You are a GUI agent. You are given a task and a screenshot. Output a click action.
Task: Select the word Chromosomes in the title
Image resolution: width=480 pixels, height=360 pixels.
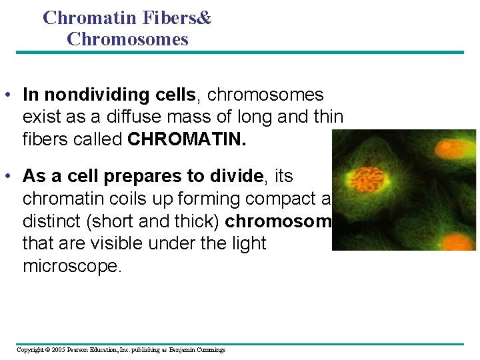pyautogui.click(x=127, y=39)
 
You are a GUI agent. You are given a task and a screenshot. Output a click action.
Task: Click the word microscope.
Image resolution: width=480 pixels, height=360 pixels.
pyautogui.click(x=72, y=266)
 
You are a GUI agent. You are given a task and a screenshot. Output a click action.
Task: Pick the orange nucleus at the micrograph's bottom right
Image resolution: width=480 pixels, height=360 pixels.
pyautogui.click(x=459, y=241)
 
